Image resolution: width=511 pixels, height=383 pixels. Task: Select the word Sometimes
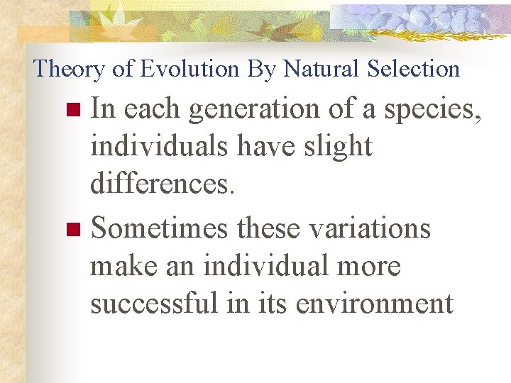click(x=160, y=229)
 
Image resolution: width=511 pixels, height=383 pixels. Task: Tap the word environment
click(x=374, y=304)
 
